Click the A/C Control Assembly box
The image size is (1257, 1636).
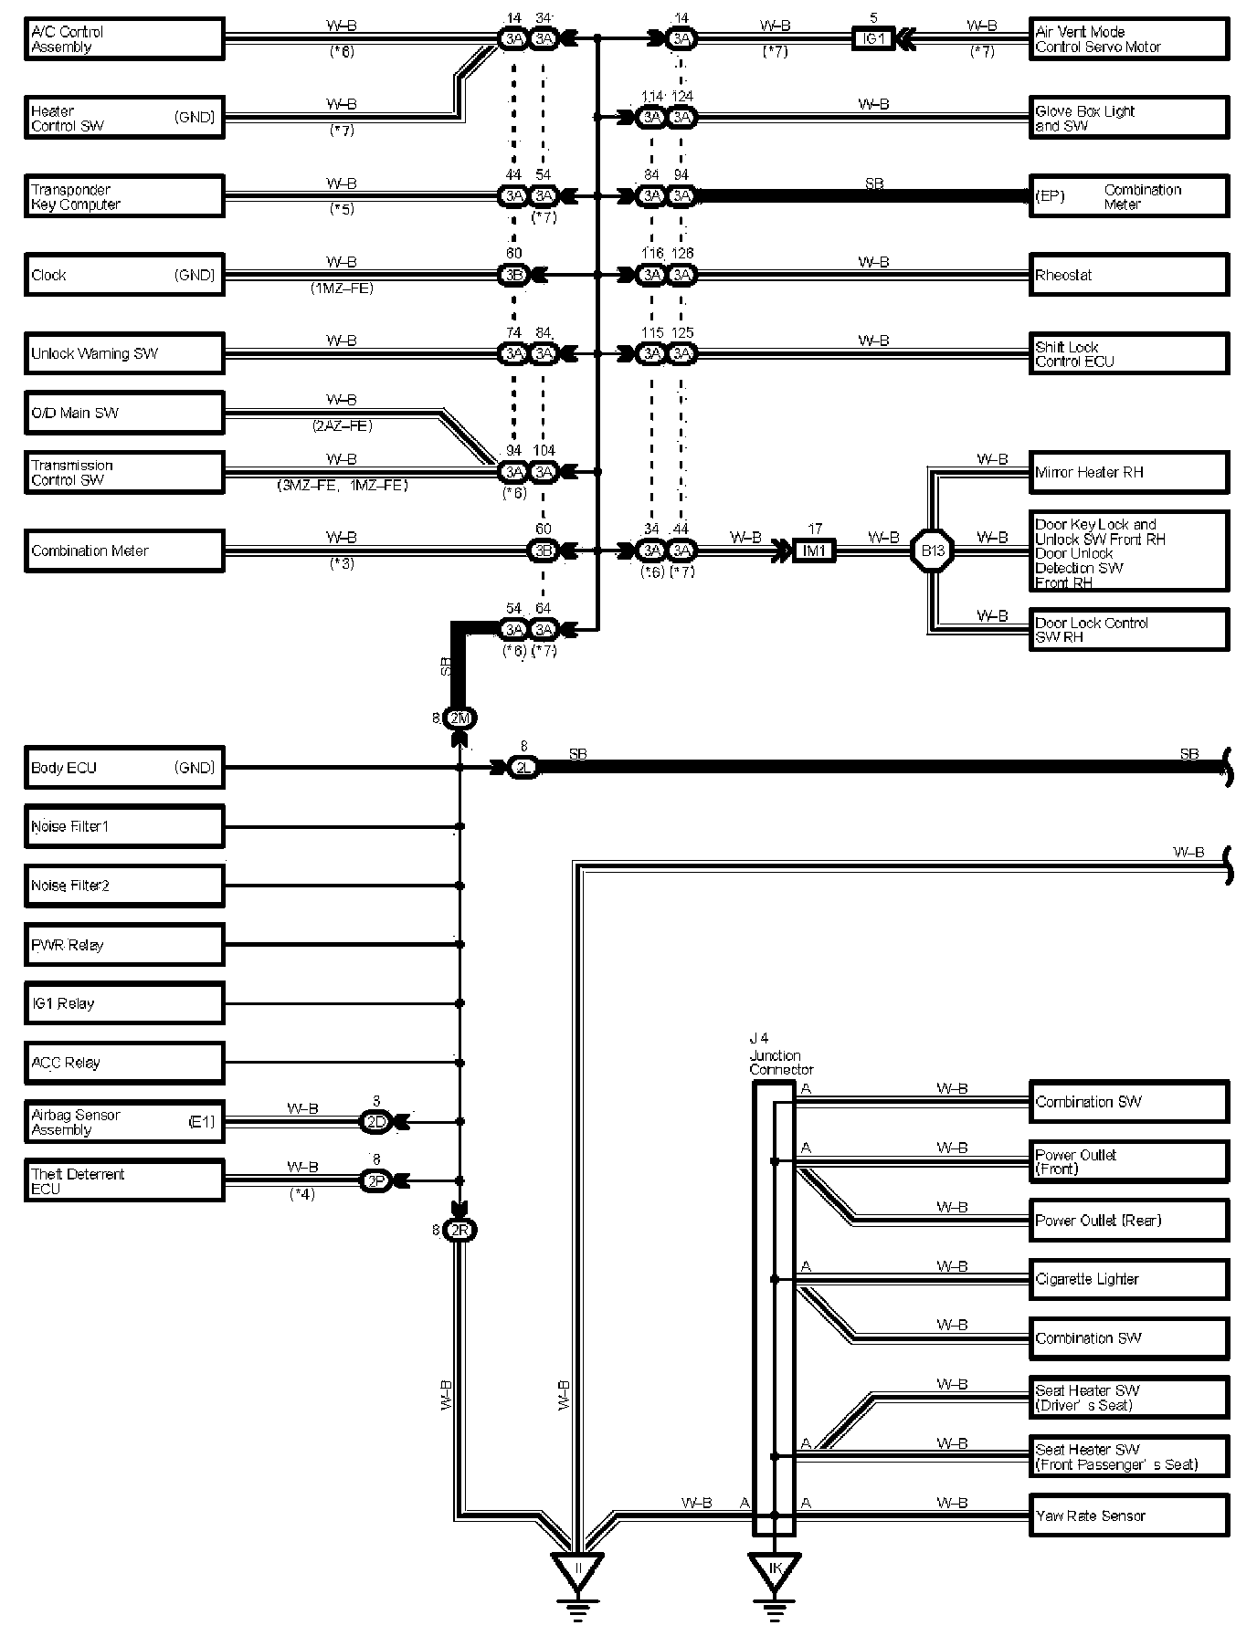[123, 39]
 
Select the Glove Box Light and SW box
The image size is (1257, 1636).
[1128, 118]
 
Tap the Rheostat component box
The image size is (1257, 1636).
[1128, 275]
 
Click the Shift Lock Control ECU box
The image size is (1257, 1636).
[1128, 353]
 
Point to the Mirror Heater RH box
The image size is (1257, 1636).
[1128, 472]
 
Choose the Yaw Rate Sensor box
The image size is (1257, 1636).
[1128, 1515]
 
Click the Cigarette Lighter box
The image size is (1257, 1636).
[1128, 1279]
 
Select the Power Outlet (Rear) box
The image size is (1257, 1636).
[1128, 1221]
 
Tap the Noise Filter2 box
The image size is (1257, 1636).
[123, 886]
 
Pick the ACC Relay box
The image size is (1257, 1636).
[123, 1063]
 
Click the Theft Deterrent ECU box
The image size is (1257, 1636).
[123, 1180]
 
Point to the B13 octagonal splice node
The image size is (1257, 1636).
[932, 551]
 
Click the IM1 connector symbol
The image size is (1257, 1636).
[813, 551]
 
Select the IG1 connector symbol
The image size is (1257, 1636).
[873, 39]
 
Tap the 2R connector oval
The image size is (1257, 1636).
[459, 1231]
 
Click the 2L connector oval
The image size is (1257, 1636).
[523, 768]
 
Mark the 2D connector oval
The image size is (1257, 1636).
[375, 1122]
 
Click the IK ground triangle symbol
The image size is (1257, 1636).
[775, 1569]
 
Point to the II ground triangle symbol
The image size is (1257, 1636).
[576, 1569]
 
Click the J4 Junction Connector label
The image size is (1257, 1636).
[780, 1054]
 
